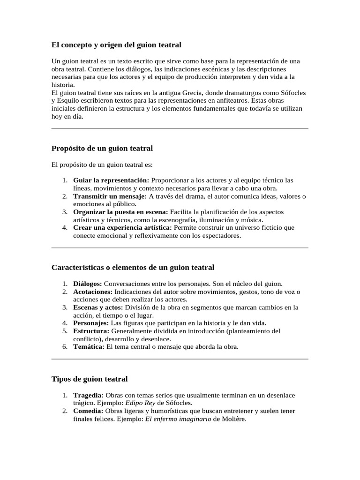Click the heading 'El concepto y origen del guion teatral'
click(x=116, y=45)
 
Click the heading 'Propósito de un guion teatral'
click(x=102, y=148)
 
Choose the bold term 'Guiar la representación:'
click(x=111, y=180)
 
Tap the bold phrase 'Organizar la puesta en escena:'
click(x=120, y=212)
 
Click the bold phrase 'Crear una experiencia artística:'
click(x=122, y=228)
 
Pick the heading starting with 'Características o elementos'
click(x=133, y=267)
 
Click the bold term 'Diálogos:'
click(x=88, y=284)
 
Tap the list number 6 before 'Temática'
click(x=65, y=347)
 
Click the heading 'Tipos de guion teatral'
click(x=89, y=379)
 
